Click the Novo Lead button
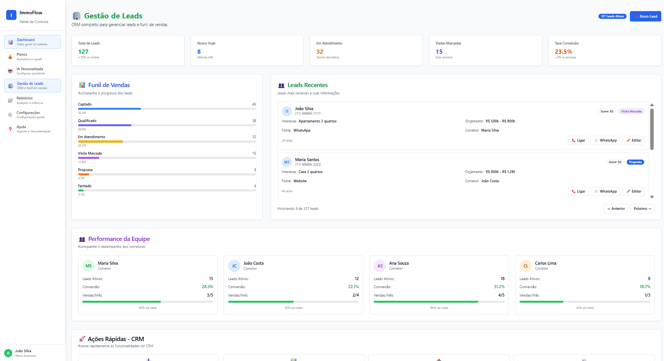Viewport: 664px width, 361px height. (645, 16)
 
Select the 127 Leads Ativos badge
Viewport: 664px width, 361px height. (612, 16)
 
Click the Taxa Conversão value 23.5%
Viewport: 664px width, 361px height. (563, 52)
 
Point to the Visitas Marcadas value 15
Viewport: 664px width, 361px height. (439, 52)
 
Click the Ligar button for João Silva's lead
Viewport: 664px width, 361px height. (578, 140)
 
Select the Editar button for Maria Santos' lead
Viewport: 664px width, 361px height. (633, 191)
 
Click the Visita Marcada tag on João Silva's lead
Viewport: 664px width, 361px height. (631, 112)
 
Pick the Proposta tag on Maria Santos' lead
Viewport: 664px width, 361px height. (635, 162)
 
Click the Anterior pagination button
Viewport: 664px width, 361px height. (616, 209)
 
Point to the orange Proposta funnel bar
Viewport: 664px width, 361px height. (83, 175)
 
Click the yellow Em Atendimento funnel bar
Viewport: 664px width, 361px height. (100, 142)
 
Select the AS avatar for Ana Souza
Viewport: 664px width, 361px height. (380, 266)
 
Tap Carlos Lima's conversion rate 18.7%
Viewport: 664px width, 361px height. (645, 287)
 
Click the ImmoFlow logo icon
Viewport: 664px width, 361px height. (11, 15)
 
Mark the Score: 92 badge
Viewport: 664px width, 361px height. (615, 162)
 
